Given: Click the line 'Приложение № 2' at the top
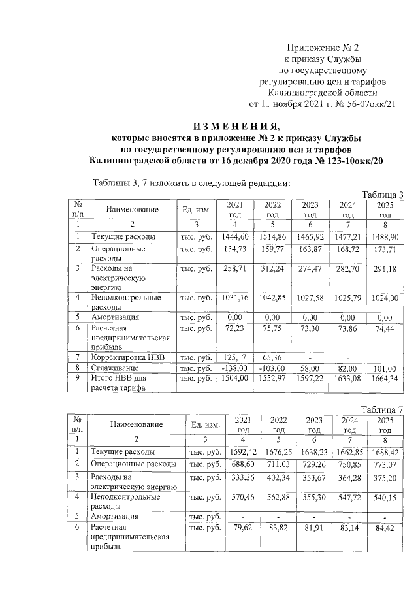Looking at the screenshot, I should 325,48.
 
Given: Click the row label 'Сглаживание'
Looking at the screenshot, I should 116,368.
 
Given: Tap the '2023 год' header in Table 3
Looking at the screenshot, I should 310,210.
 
